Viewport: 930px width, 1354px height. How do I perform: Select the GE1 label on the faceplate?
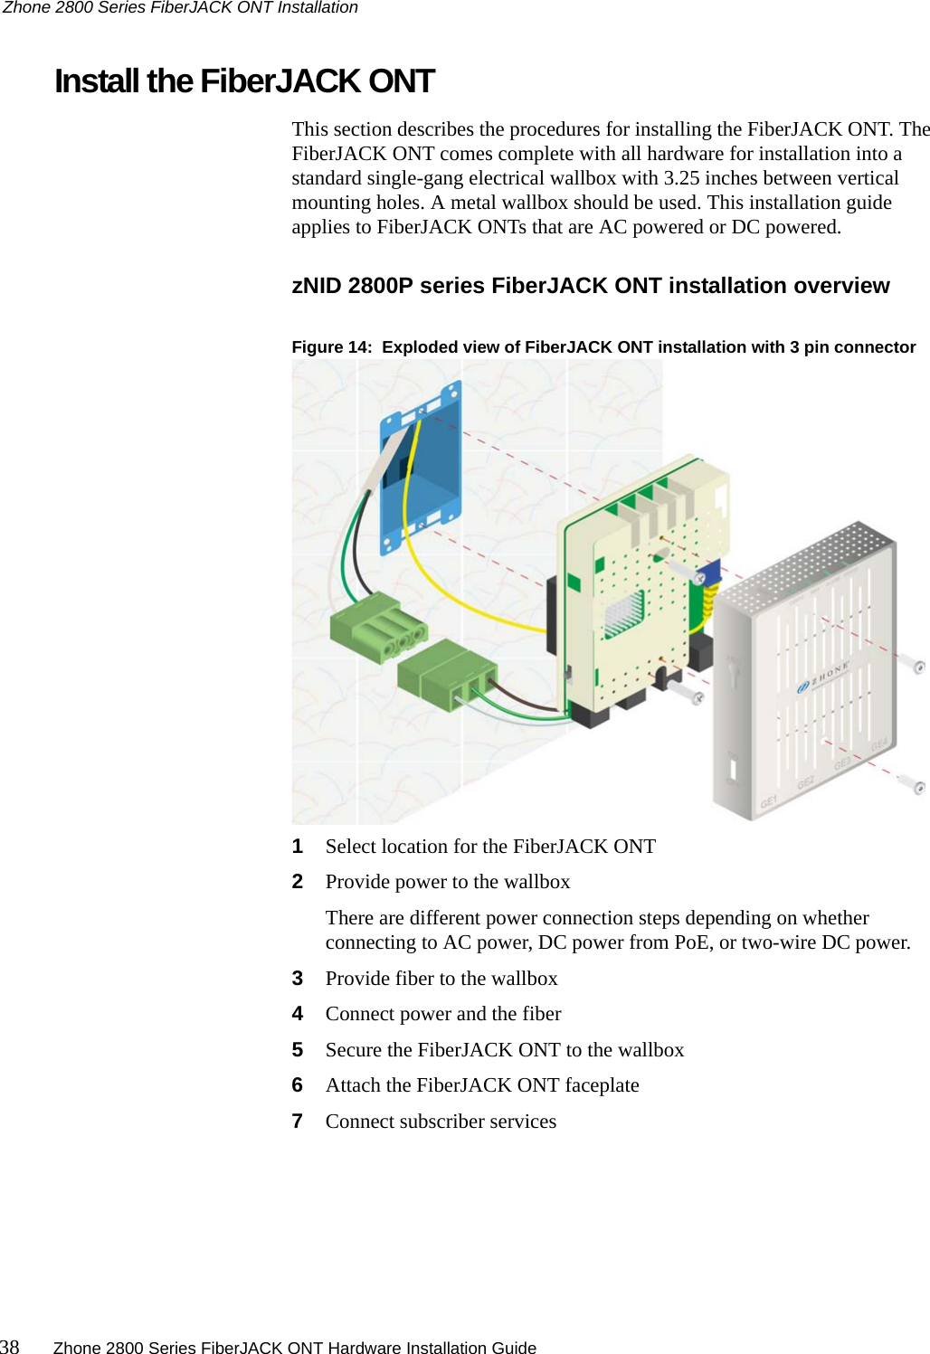coord(769,801)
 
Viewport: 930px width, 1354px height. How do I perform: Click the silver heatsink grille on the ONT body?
coord(623,614)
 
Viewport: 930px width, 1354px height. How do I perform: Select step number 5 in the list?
coord(298,1050)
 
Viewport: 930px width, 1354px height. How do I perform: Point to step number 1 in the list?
coord(298,847)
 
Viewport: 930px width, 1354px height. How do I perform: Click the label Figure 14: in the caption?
coord(331,347)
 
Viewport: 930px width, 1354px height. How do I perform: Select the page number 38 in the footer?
coord(10,1347)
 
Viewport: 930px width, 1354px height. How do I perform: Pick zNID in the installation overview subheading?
coord(317,286)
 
